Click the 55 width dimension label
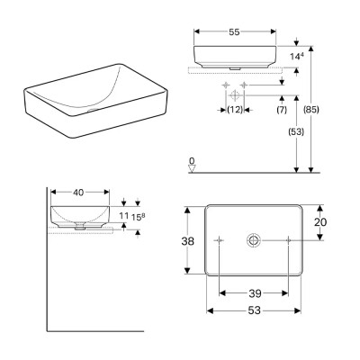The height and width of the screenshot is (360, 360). coord(234,31)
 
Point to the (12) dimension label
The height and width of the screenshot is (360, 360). coord(234,111)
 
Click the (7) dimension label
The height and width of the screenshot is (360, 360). coord(282,111)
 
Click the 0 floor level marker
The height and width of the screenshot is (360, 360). coord(191,162)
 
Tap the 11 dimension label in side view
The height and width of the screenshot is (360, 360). coord(125,217)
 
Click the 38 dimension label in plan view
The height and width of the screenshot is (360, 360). coord(186,241)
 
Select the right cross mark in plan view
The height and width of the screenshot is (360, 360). coord(288,240)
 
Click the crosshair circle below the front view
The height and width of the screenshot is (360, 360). coord(233,94)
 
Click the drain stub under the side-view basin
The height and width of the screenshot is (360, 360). coord(82,229)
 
